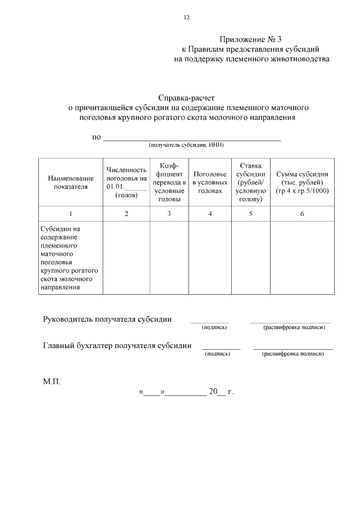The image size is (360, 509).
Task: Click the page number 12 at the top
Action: tap(186, 17)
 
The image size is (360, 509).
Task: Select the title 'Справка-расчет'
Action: tap(186, 97)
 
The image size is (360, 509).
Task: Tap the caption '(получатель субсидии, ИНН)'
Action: tap(186, 145)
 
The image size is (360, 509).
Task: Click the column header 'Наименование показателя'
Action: tap(71, 182)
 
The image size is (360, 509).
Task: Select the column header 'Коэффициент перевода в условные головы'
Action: tap(169, 182)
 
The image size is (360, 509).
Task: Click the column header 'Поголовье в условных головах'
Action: tap(210, 182)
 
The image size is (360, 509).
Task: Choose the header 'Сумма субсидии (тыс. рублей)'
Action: tap(302, 182)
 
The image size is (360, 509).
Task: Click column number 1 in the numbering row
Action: tap(71, 214)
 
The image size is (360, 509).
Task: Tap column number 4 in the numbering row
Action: tap(210, 214)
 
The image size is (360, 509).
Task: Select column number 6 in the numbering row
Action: tap(302, 214)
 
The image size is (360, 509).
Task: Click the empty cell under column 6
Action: tap(302, 258)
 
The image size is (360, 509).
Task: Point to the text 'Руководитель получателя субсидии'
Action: tap(107, 319)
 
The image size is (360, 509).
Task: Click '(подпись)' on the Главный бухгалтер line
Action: tap(218, 354)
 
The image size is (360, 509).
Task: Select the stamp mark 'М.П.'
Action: tap(52, 381)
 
